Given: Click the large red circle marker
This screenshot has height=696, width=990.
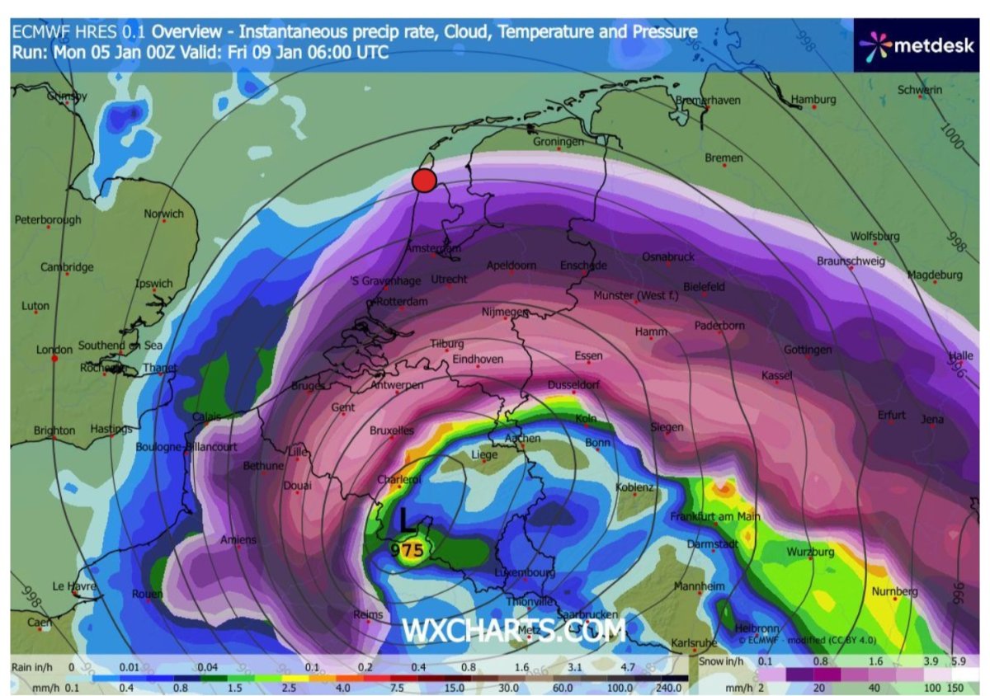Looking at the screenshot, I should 424,181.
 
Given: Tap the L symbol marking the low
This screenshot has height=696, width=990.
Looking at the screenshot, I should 406,520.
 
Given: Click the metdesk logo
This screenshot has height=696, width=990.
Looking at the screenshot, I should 920,46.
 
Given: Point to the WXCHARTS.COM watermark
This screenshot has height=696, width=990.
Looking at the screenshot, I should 513,631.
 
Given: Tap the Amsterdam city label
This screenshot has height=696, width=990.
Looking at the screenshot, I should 433,247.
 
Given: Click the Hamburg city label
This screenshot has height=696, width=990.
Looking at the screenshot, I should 813,100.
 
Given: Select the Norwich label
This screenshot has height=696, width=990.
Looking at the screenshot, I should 163,214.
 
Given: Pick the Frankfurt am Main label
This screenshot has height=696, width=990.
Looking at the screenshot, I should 714,517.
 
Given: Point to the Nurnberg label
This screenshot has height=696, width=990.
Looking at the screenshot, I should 895,592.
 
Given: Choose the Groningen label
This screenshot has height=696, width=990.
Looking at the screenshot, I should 559,141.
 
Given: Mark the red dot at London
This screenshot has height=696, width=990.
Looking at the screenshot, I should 54,359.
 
